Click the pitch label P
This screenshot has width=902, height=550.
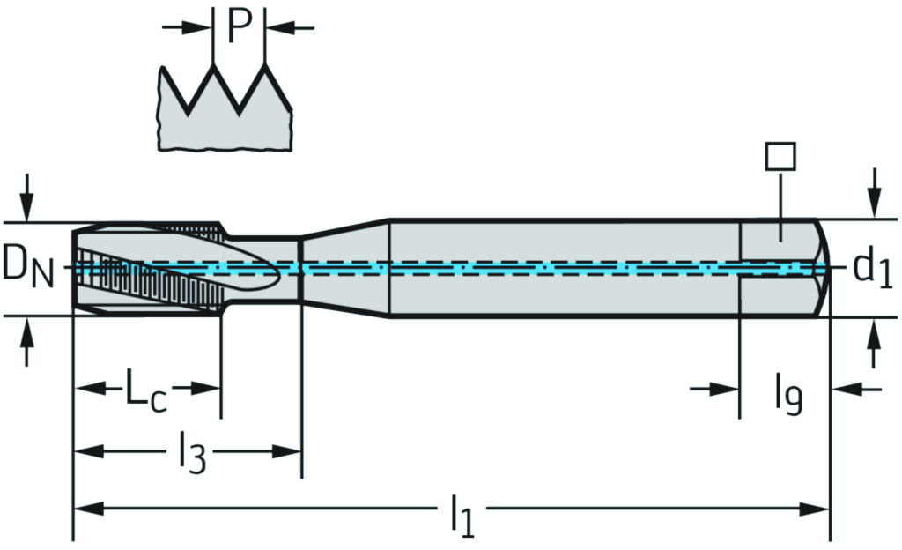coord(239,26)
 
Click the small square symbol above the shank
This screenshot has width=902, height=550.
coord(780,156)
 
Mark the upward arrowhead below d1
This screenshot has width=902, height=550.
coord(874,331)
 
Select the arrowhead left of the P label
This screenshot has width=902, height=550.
coord(202,27)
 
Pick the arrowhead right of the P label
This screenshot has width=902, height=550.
coord(277,27)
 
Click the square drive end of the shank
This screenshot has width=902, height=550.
coord(783,267)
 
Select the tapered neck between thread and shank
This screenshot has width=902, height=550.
coord(345,267)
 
